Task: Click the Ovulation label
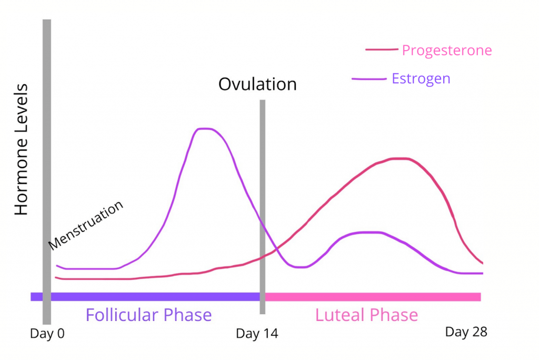pos(257,84)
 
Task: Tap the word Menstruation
pos(86,225)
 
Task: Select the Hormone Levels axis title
pos(21,149)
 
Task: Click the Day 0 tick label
pos(48,334)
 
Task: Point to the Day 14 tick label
pos(257,334)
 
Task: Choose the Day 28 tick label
pos(466,332)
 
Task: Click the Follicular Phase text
pos(148,315)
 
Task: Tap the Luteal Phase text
pos(366,315)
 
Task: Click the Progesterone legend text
pos(447,51)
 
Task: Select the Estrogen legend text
pos(421,79)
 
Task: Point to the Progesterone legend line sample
pos(382,50)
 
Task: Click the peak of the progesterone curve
pos(400,158)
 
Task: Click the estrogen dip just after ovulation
pos(299,267)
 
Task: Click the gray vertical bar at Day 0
pos(47,158)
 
